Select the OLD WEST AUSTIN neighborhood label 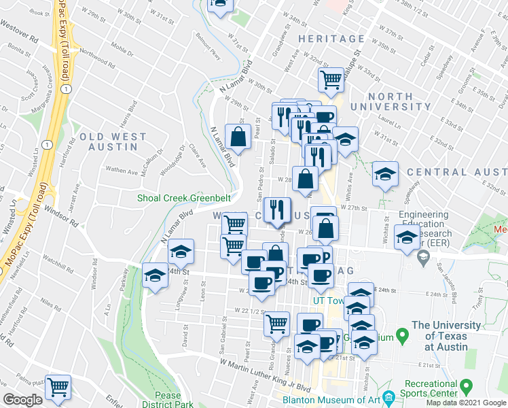(113, 142)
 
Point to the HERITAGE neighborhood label (331, 39)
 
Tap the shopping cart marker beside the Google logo (58, 387)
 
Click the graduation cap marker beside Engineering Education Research (407, 238)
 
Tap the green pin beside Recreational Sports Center (466, 388)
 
